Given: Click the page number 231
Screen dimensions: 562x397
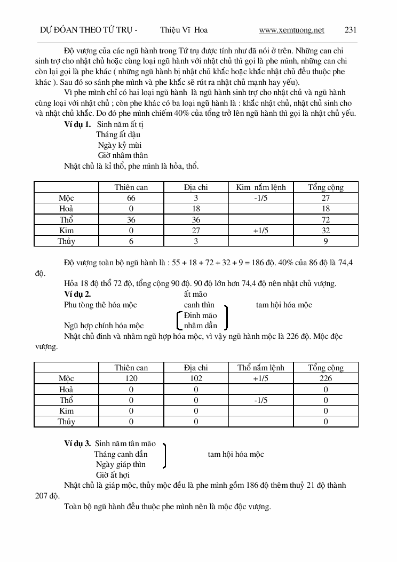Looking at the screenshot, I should point(351,30).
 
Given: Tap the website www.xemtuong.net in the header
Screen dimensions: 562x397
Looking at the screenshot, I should point(291,30).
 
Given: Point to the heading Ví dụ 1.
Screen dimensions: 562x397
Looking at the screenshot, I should point(77,124).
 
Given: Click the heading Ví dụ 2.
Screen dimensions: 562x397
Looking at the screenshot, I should point(77,294).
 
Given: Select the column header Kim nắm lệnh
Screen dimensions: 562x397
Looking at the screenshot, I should point(261,187).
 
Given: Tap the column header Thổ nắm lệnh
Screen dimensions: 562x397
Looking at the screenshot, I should point(261,368).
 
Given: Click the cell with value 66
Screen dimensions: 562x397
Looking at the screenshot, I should point(131,198).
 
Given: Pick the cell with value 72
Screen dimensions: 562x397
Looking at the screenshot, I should point(325,220).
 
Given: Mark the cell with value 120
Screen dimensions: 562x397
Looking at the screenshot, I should point(131,378).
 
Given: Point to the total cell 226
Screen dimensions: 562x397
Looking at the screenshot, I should point(325,378).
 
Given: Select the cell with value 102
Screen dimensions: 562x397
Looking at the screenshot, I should point(196,378).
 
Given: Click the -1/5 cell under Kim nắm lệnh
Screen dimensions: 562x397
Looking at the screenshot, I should point(261,198).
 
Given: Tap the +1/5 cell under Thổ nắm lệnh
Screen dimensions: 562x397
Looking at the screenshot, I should point(261,378).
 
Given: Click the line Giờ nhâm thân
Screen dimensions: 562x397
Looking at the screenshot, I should point(123,156).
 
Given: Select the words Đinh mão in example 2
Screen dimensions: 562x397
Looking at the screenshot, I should point(201,315).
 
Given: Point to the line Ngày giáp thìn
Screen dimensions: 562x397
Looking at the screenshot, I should point(121,464).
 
